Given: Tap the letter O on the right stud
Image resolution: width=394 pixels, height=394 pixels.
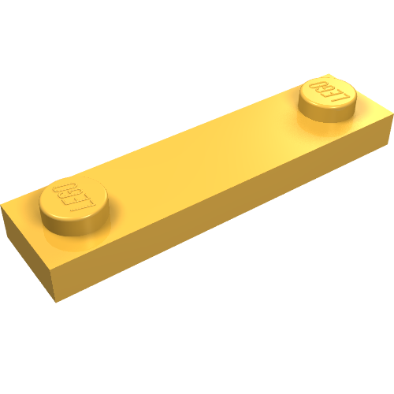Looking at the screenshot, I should (x=318, y=83).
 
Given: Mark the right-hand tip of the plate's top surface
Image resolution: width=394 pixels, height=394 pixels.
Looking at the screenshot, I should (x=391, y=117).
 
